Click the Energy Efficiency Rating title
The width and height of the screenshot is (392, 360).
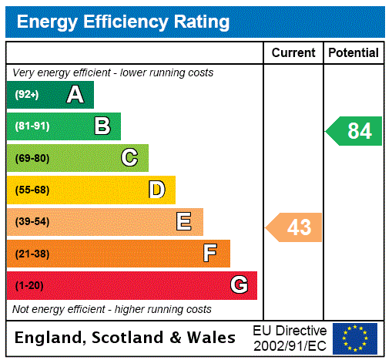123,22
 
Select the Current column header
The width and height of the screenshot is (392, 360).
293,53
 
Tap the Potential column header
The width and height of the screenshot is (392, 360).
353,53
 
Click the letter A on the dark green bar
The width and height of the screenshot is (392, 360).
75,95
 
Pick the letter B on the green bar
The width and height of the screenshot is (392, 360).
102,126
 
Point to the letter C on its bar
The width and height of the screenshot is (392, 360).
129,158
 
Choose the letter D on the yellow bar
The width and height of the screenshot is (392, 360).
156,190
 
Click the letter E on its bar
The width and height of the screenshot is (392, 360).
184,222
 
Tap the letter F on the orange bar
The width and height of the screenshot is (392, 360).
210,254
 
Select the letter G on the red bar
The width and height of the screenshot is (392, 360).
239,285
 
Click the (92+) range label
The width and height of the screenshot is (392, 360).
27,95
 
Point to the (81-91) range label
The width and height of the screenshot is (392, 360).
32,126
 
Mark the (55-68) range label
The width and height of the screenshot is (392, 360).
32,190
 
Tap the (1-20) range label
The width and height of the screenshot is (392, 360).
29,285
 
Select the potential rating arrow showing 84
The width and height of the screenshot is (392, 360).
355,131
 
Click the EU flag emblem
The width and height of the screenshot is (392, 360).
355,338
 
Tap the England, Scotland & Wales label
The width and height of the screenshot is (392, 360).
126,338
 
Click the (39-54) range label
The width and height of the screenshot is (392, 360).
32,222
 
